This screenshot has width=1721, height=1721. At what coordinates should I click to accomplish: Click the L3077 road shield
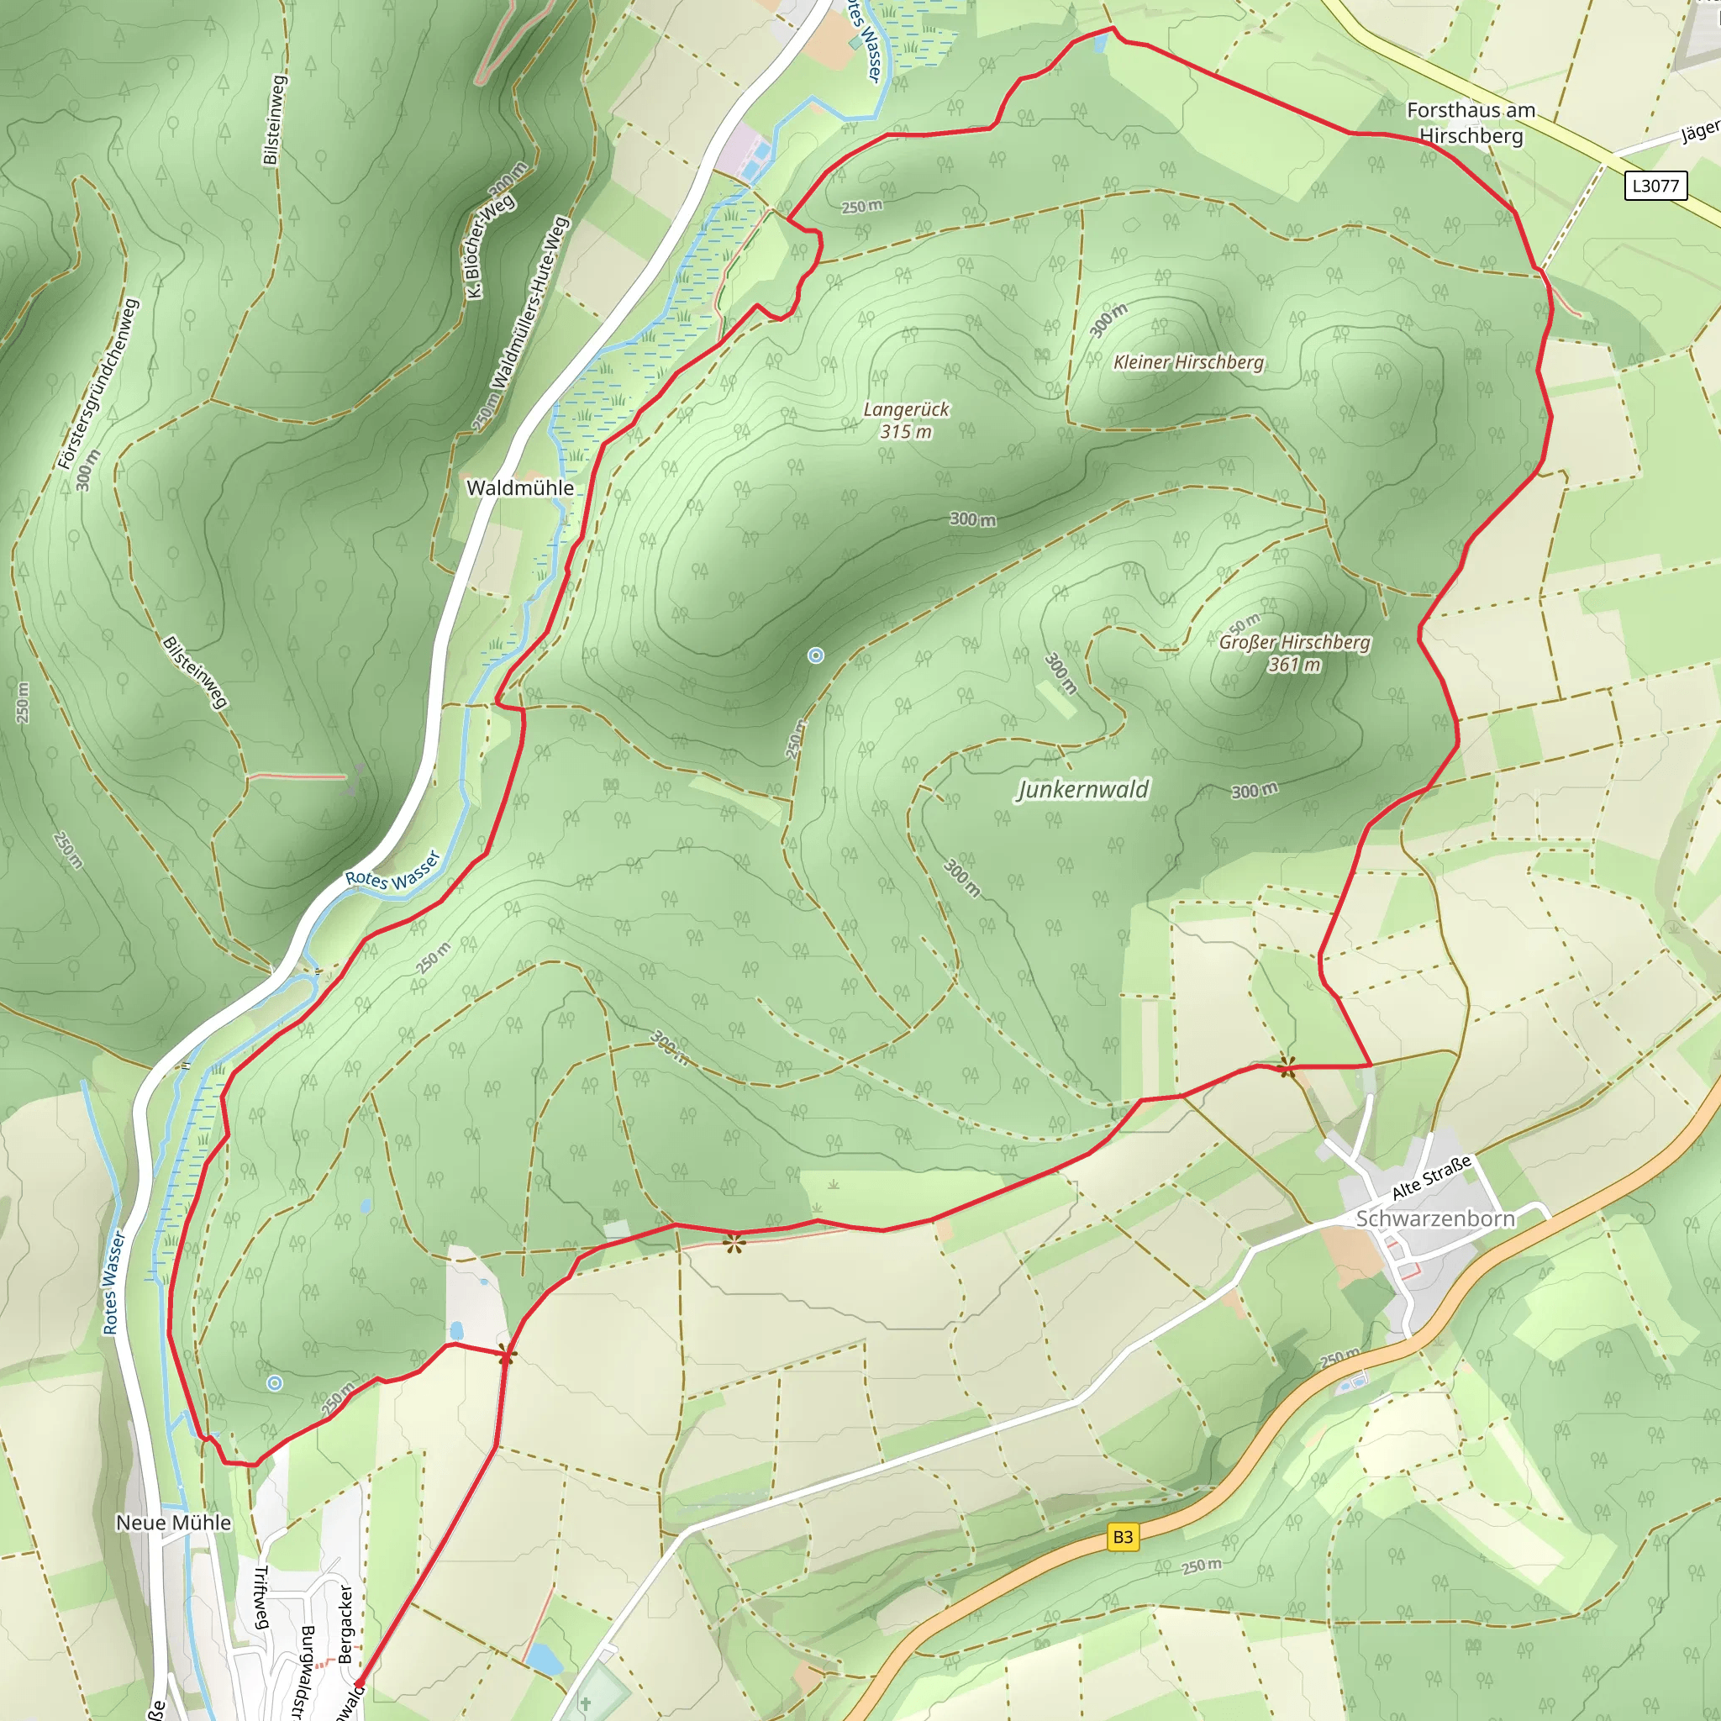click(x=1655, y=185)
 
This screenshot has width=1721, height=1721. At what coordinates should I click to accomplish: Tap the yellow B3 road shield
click(x=1123, y=1537)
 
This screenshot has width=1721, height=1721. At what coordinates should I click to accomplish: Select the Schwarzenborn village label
click(x=1434, y=1218)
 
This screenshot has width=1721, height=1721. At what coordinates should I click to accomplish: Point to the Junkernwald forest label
click(x=1082, y=789)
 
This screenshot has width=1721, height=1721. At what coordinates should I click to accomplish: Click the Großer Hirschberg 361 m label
click(x=1294, y=653)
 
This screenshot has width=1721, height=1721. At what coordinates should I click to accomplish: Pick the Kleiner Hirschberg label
click(x=1188, y=361)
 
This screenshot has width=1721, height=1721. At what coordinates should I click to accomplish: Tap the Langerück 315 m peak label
click(x=906, y=420)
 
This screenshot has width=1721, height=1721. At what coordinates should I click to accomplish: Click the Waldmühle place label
click(x=520, y=487)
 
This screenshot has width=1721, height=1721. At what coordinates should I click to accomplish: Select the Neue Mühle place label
click(x=174, y=1523)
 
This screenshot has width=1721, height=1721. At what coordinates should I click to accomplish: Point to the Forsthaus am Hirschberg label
click(x=1471, y=123)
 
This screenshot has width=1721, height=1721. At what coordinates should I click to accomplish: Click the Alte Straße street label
click(x=1431, y=1176)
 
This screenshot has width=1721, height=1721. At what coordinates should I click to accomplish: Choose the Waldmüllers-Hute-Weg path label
click(x=529, y=303)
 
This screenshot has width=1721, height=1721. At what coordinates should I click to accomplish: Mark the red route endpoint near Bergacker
click(x=358, y=1683)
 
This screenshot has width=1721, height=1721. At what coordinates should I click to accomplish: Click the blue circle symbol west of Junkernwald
click(x=815, y=655)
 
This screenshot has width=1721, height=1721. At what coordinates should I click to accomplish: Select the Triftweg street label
click(x=261, y=1597)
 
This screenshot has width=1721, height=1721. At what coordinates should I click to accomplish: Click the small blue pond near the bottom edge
click(x=542, y=1658)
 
